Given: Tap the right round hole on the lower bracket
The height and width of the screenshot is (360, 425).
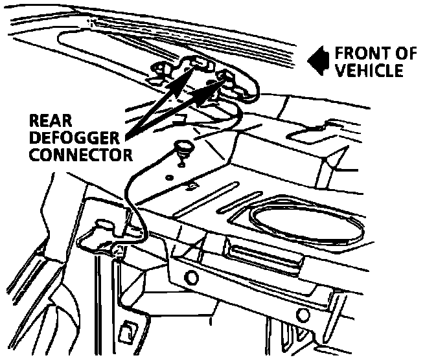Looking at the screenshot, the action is pos(303,315).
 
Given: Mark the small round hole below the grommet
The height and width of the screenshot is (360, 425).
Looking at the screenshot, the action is pos(170,177).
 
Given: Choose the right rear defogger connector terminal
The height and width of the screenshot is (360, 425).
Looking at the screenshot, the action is pos(226,78).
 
